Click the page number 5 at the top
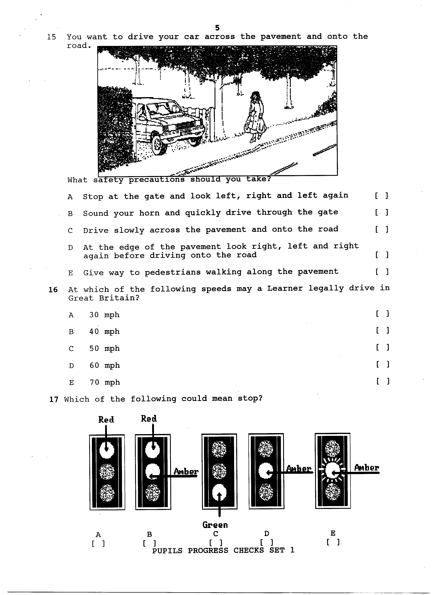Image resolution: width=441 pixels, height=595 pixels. click(x=217, y=28)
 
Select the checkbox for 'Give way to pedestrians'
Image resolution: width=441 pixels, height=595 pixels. click(x=382, y=272)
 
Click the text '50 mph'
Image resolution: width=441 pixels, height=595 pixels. click(x=104, y=348)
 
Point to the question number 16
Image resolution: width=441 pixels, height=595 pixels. click(x=53, y=290)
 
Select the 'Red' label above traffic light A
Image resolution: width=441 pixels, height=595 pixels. click(x=106, y=420)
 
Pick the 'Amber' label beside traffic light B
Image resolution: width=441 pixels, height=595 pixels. click(x=186, y=472)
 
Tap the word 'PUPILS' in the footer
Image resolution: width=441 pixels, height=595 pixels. click(x=167, y=550)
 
